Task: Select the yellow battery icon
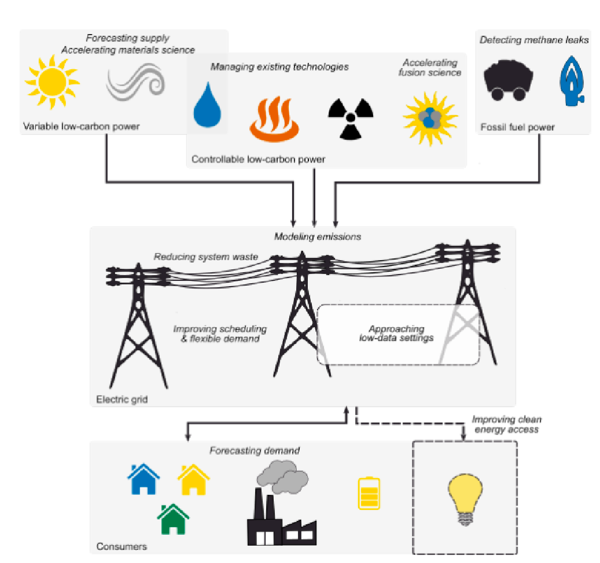point(369,493)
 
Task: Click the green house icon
point(173,519)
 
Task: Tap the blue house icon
point(143,480)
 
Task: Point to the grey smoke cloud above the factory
point(283,476)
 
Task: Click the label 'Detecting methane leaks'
point(534,40)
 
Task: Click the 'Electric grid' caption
point(122,399)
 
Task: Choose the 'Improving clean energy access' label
point(506,424)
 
